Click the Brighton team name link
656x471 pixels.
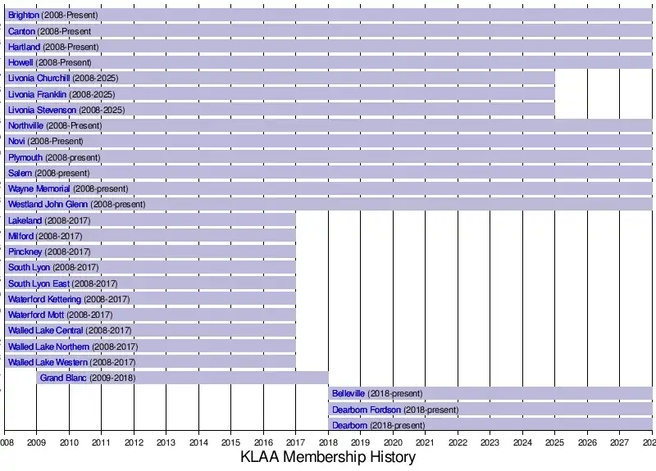(x=23, y=16)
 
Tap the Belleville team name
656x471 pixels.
(x=348, y=394)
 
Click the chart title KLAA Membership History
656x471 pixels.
(x=328, y=458)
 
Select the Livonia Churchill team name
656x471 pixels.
(x=39, y=79)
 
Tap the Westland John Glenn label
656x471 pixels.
(x=48, y=205)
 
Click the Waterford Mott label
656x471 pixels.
(x=35, y=315)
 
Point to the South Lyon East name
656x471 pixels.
(x=39, y=283)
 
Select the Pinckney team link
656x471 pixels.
(x=25, y=251)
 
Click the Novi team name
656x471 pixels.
(x=16, y=142)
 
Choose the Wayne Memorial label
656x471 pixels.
(x=39, y=189)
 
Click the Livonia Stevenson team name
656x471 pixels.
(x=42, y=110)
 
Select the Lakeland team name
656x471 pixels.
(x=25, y=220)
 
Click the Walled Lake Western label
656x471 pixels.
(x=48, y=362)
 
